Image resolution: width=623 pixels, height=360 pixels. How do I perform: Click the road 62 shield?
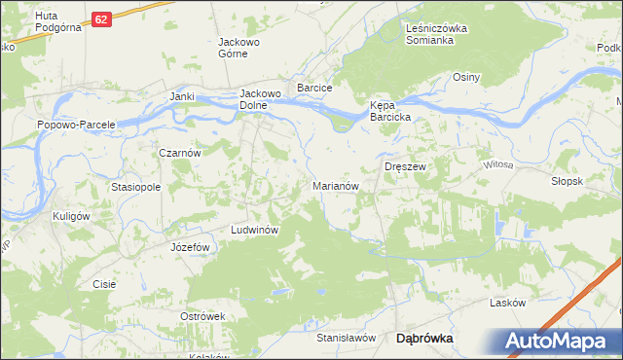pos(103,18)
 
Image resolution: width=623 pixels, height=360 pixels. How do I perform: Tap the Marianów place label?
pos(338,185)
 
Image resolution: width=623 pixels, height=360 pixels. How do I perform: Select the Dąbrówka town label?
pos(424,339)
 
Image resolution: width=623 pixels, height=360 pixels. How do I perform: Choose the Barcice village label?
pos(315,88)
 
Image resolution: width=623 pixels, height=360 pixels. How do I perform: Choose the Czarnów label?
pos(180,153)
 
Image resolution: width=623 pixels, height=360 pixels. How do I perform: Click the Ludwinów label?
pos(255,230)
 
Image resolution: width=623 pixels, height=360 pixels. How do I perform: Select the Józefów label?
pos(191,247)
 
